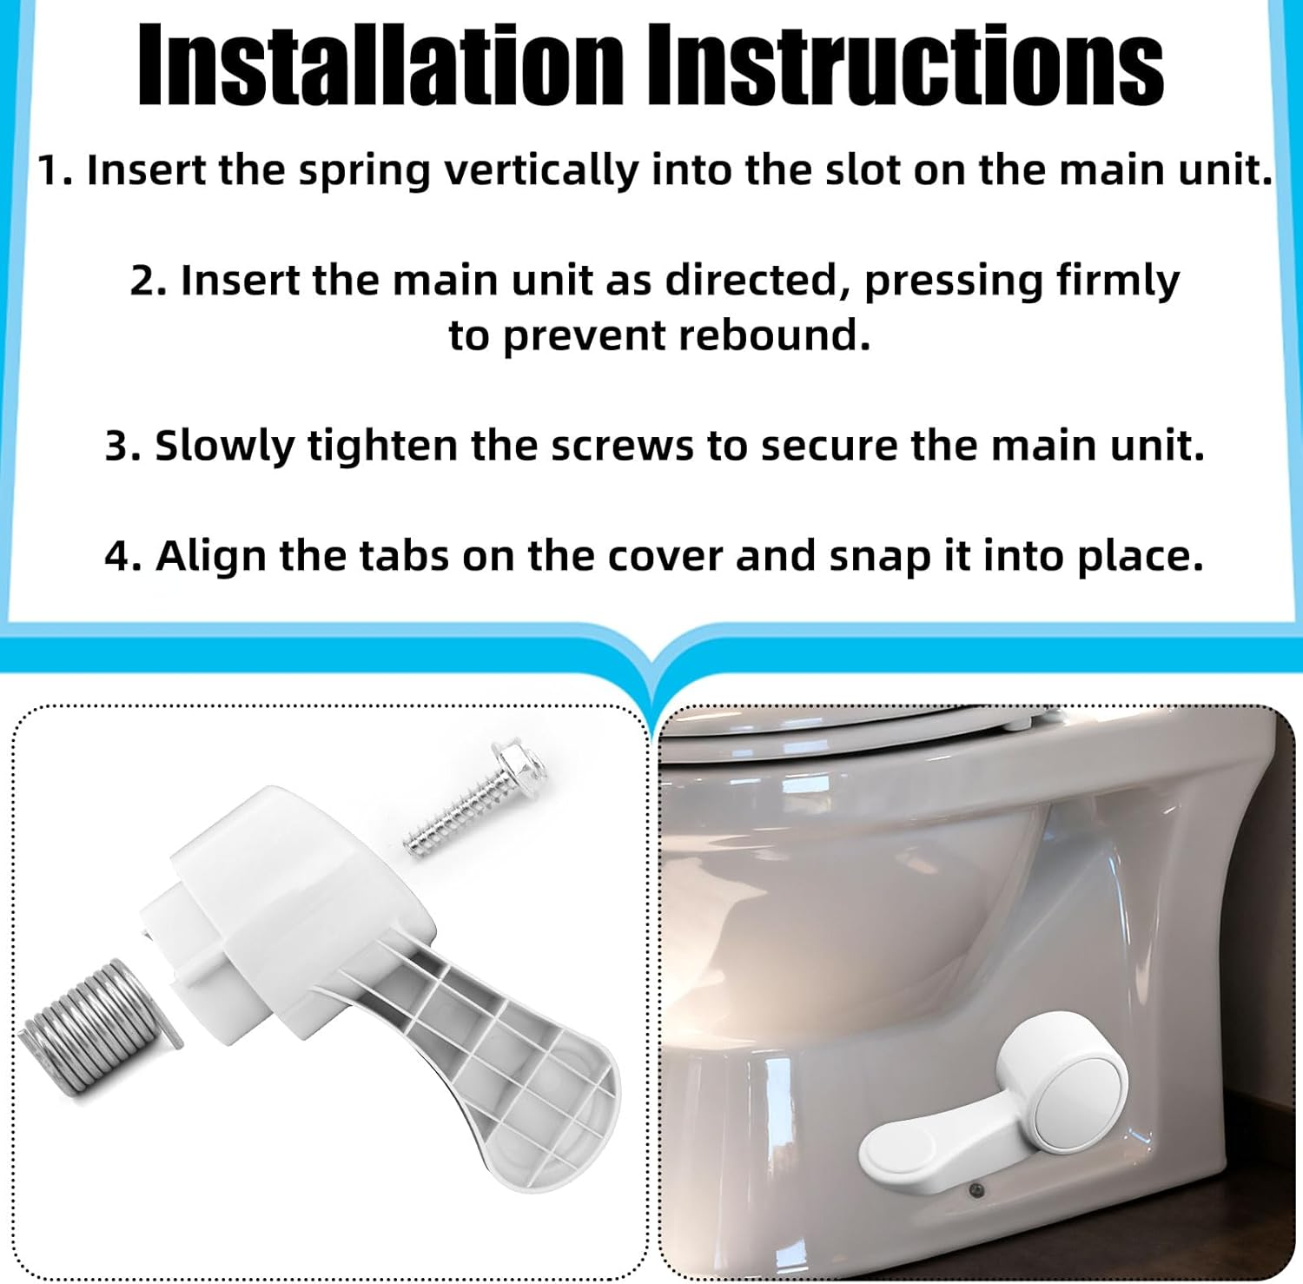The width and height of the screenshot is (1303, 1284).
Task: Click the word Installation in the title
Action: [x=380, y=66]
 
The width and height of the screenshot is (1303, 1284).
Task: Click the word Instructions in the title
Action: [x=906, y=66]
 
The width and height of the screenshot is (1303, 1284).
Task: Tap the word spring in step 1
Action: [x=365, y=171]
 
